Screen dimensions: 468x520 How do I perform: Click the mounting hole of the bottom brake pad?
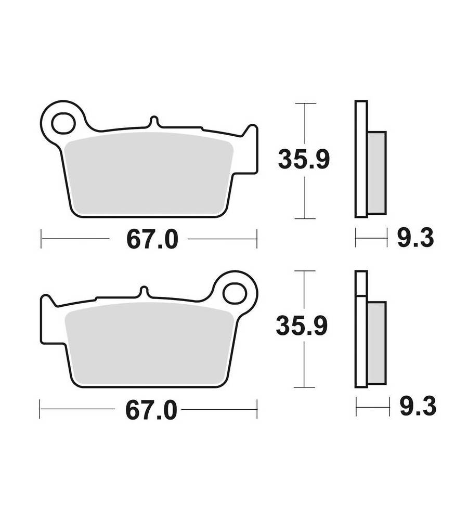click(235, 293)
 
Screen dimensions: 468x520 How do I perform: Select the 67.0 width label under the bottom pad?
click(151, 411)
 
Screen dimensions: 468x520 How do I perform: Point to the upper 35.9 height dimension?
click(304, 160)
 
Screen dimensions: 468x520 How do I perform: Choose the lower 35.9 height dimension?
click(302, 327)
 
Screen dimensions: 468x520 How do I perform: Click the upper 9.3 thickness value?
click(415, 238)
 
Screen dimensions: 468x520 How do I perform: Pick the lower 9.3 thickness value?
click(418, 406)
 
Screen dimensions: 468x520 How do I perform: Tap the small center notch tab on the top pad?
click(153, 121)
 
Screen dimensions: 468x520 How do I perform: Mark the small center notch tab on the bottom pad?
click(144, 292)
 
